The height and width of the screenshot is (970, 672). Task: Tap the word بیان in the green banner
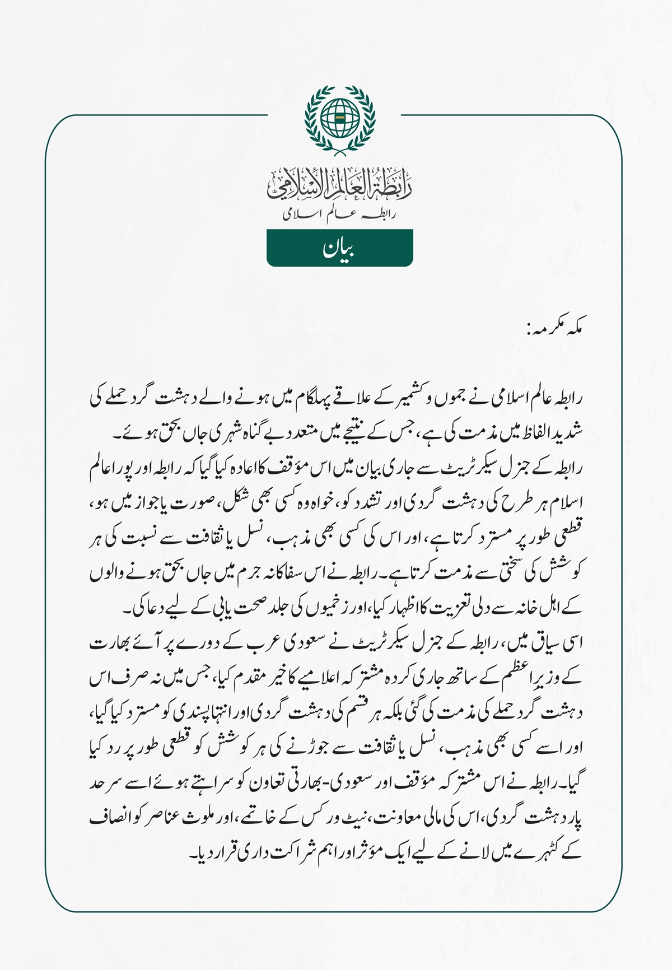pyautogui.click(x=339, y=248)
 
